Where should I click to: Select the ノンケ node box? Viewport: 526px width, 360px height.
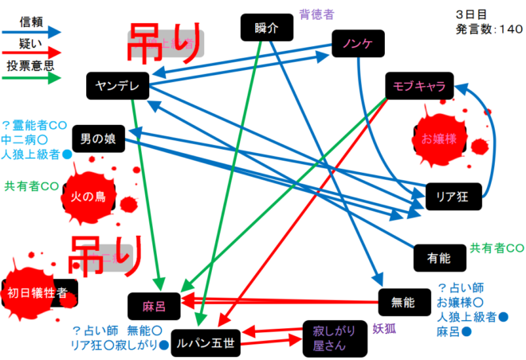(357, 43)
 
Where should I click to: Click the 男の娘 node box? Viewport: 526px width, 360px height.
(98, 139)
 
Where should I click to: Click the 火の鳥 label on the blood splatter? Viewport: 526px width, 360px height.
(88, 197)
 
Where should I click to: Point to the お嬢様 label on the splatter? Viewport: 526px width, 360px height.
(439, 139)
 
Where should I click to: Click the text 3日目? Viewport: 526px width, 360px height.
(473, 14)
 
